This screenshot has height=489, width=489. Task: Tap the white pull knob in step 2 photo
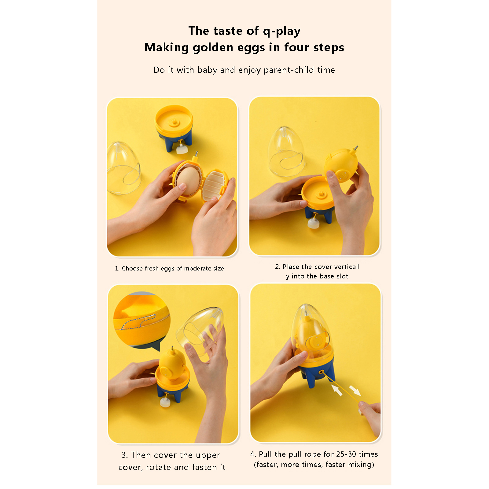click(314, 223)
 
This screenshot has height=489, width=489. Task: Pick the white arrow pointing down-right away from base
click(355, 390)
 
